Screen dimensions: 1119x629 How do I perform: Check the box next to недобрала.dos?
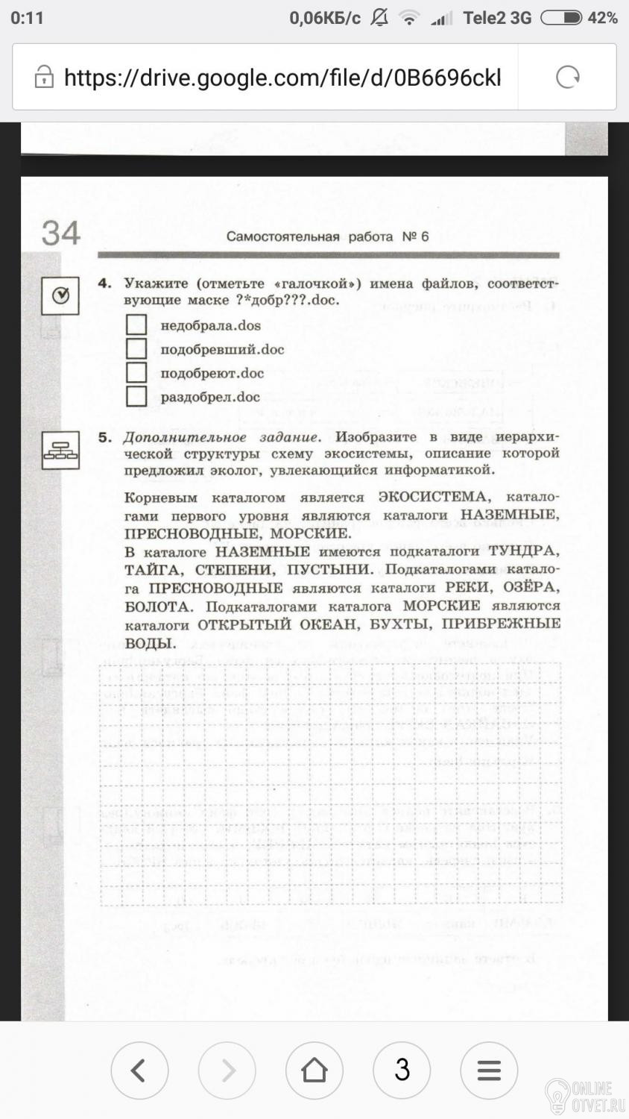click(136, 325)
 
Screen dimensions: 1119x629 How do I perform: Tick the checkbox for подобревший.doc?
click(136, 348)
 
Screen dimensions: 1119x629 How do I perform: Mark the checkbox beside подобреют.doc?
click(136, 372)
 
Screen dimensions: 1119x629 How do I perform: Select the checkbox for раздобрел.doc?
click(136, 396)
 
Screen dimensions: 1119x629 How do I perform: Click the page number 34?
click(60, 233)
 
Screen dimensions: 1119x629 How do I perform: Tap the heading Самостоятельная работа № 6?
click(327, 236)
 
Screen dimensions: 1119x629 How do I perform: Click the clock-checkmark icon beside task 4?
click(60, 296)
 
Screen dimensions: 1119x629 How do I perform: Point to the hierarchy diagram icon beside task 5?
click(60, 450)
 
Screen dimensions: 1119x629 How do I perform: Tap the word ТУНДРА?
click(522, 551)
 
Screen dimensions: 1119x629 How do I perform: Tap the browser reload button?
click(568, 77)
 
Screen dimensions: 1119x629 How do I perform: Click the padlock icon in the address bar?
click(44, 77)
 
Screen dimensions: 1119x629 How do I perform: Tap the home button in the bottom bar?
click(314, 1070)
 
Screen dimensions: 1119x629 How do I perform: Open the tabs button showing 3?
click(402, 1070)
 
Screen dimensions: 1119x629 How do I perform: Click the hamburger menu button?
click(489, 1070)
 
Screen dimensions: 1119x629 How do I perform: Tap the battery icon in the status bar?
click(560, 18)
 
